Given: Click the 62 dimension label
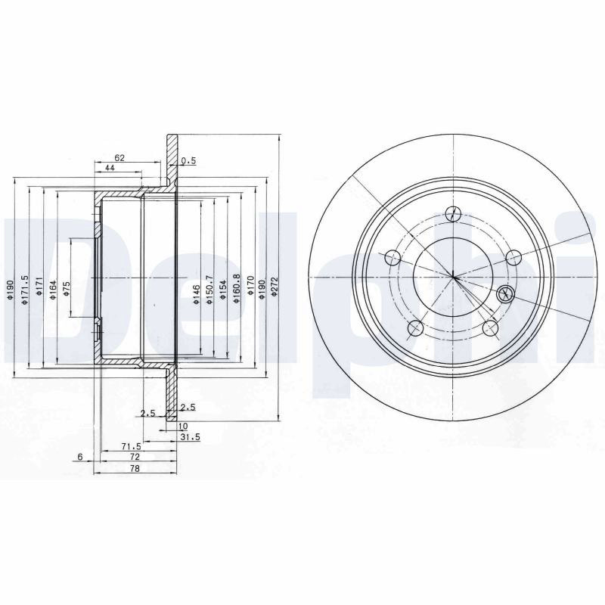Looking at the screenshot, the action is pos(119,157).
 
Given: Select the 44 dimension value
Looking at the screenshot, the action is pos(110,167).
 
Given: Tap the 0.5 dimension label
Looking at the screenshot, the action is pos(188,161).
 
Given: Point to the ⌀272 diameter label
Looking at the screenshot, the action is pos(275,287).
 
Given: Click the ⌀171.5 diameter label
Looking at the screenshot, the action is pos(25,290).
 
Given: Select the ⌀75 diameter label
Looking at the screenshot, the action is pos(66,289).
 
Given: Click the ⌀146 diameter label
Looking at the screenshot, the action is pos(197,294).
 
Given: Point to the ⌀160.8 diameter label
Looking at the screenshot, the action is pos(237,289).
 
